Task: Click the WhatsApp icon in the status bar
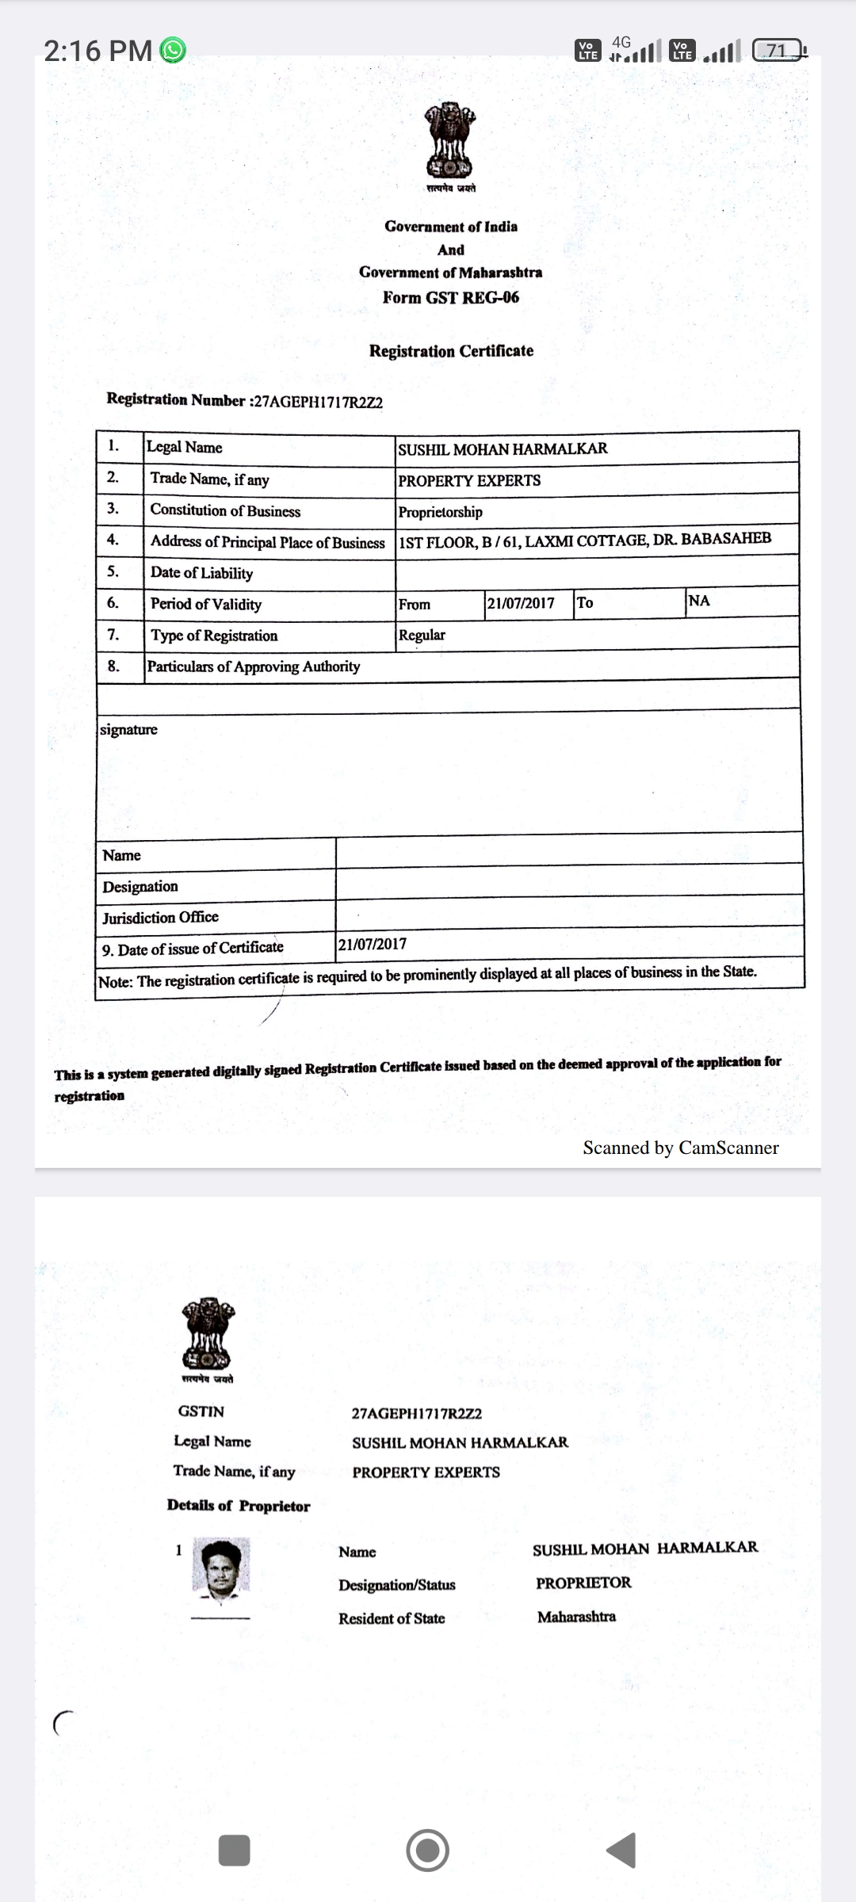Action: coord(173,51)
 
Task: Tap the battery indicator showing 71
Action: coord(778,51)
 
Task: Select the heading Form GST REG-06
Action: coord(450,297)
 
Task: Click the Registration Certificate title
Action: coord(451,350)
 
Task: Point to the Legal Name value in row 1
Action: coord(503,449)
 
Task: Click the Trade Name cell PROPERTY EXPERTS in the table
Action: coord(469,480)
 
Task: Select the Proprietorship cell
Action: coord(440,512)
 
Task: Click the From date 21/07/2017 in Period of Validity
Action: coord(521,603)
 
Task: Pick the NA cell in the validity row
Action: coord(699,601)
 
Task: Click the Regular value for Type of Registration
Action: coord(422,635)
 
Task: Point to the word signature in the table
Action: coord(128,729)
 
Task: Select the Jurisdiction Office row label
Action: coord(160,917)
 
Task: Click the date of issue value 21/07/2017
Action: coord(373,944)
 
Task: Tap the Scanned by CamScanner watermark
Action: coord(681,1148)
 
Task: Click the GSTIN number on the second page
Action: coord(417,1413)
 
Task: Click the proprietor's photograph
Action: coord(222,1567)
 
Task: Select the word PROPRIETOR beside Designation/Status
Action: coord(583,1583)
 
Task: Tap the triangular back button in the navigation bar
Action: coord(622,1850)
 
